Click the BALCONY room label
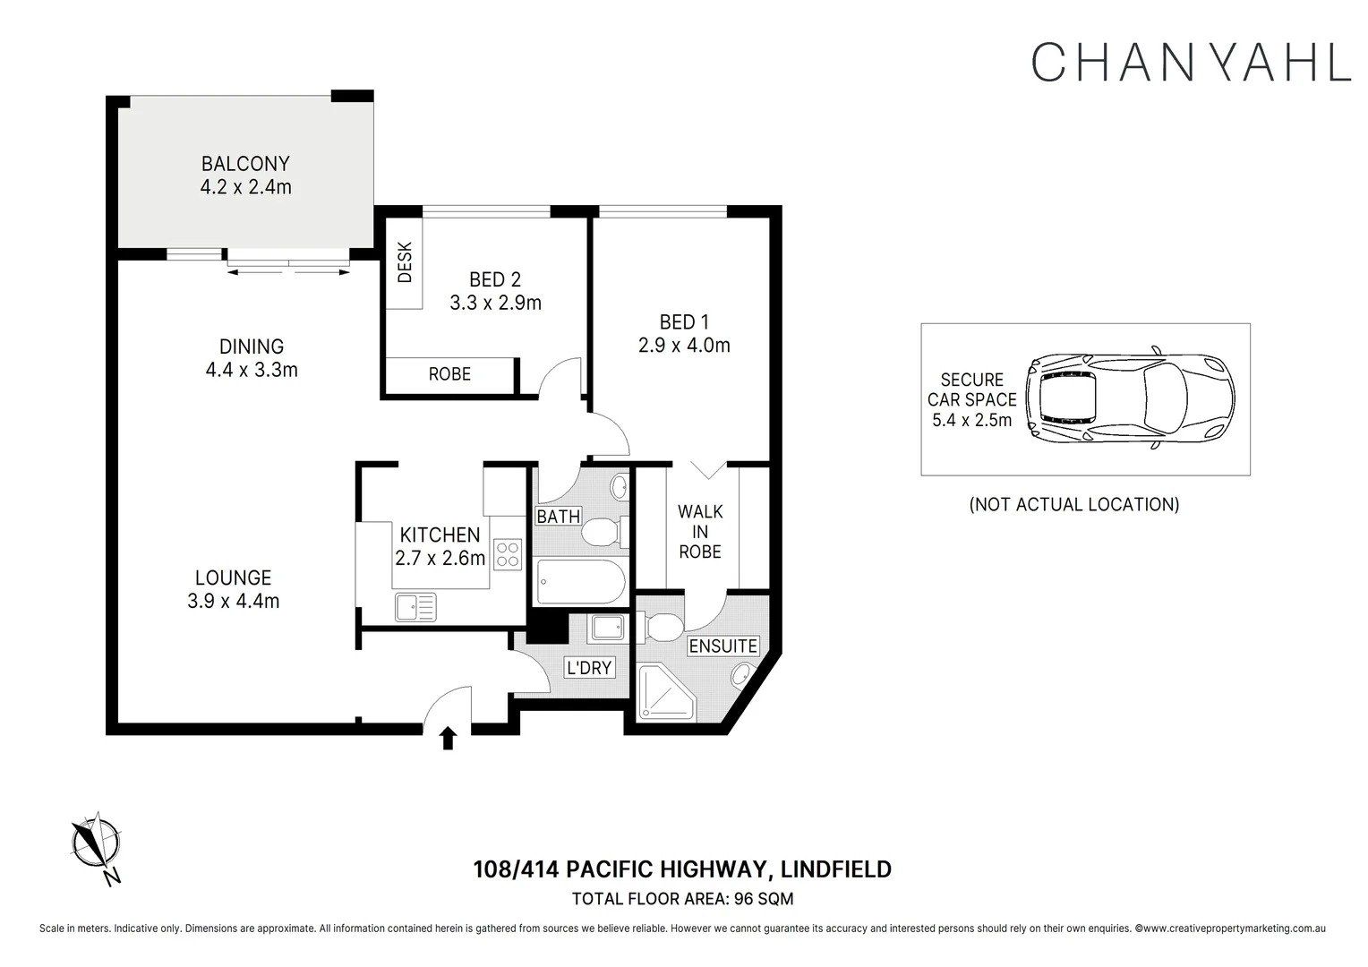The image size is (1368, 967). pos(245,164)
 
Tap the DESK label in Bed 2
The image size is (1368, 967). pos(405,262)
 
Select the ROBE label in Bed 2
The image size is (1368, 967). pos(449,374)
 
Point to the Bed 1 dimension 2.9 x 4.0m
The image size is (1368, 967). pos(684,345)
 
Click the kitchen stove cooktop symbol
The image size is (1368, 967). pos(508,554)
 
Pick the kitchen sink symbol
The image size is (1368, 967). pos(415,607)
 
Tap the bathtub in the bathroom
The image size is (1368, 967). pos(580,581)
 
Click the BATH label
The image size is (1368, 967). pos(558,517)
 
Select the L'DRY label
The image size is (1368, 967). pos(589,668)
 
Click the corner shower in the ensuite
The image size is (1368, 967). pos(666,692)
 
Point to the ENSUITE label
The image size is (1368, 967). pos(723,646)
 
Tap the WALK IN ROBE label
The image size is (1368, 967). pos(700,532)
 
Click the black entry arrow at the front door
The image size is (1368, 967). pos(449,738)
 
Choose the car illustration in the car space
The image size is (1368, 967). pos(1130,398)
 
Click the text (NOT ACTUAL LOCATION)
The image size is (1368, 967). pos(1074,505)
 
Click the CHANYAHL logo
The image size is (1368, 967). pos(1191,62)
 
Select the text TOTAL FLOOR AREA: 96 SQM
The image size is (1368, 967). pos(683,899)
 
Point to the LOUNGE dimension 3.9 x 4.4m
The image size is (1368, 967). pos(234,601)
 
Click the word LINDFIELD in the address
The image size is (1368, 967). pos(836,869)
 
